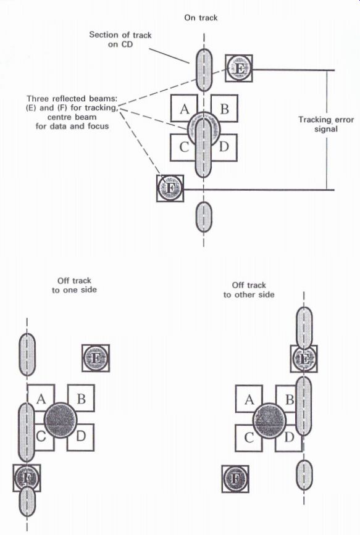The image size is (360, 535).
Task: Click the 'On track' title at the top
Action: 201,18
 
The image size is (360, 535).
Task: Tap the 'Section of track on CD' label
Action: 120,39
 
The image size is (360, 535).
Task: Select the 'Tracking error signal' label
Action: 326,124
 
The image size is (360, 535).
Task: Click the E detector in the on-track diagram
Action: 239,68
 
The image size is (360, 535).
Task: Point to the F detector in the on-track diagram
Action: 170,188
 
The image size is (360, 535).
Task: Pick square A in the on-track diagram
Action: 184,108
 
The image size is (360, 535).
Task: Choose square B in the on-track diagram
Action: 224,108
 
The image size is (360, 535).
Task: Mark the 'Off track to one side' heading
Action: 74,285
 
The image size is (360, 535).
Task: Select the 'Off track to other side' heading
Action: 249,289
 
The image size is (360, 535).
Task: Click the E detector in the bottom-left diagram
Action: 96,359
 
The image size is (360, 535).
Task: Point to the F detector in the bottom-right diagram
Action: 235,479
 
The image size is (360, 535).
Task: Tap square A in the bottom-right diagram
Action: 249,399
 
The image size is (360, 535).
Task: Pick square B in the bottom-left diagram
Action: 81,398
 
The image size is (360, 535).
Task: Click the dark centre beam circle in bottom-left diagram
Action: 61,420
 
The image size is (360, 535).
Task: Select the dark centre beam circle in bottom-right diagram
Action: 269,420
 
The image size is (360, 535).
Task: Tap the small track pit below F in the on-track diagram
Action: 204,217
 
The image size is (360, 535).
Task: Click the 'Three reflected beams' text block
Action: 72,112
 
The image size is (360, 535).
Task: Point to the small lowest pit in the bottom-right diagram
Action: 304,476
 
